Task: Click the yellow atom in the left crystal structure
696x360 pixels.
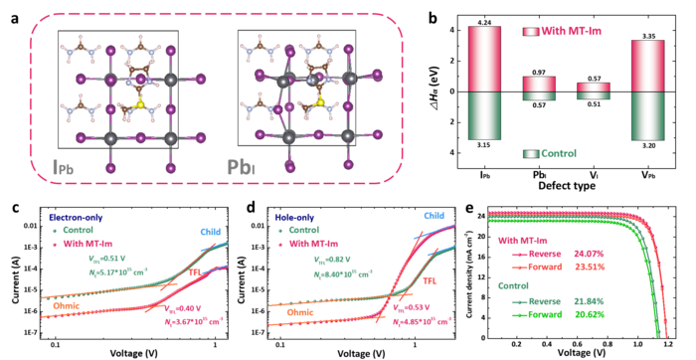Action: [x=140, y=103]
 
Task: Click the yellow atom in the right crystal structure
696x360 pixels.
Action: [x=320, y=101]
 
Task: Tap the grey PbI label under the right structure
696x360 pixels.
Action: [x=241, y=167]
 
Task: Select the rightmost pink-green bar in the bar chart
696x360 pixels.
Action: [x=648, y=90]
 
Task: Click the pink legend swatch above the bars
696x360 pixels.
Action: [x=530, y=32]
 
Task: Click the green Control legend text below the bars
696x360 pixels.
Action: [x=559, y=154]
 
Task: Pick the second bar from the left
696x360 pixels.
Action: [x=539, y=89]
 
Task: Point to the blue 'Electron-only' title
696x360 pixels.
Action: [x=76, y=216]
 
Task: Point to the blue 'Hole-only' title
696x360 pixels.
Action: [x=295, y=216]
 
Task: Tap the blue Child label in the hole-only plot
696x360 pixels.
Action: [x=433, y=215]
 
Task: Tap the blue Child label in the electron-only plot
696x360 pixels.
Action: [x=211, y=232]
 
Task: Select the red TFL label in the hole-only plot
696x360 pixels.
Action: [x=431, y=281]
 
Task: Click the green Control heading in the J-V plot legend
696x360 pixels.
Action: [x=515, y=284]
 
